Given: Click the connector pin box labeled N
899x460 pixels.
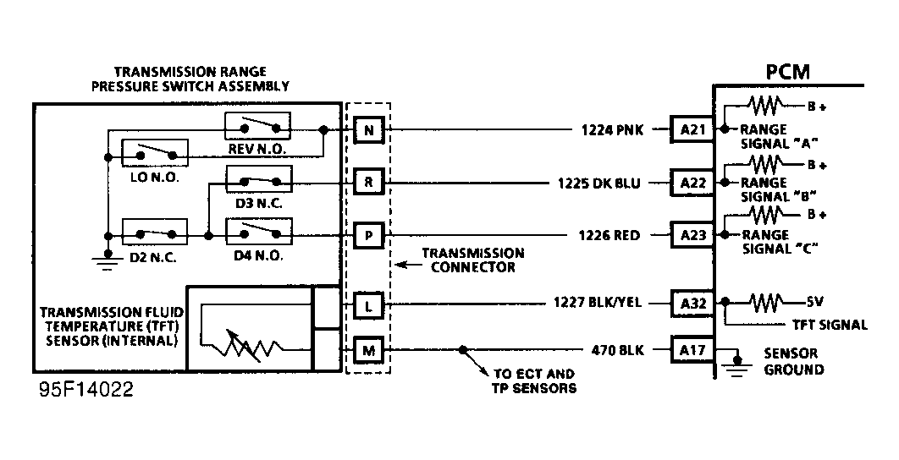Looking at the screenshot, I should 368,130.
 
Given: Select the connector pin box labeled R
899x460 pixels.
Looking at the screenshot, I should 368,182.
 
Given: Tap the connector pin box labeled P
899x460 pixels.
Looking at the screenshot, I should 368,234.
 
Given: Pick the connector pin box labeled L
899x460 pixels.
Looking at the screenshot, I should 368,303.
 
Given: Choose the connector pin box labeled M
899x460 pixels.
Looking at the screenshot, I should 368,349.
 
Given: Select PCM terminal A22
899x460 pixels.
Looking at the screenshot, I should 692,182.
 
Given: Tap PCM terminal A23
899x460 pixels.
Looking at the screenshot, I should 692,234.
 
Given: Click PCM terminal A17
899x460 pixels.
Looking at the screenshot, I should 692,348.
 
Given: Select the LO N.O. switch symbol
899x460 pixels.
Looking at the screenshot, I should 155,153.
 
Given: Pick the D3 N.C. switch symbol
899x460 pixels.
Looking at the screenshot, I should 259,179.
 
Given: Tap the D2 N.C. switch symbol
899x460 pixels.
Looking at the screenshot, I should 155,232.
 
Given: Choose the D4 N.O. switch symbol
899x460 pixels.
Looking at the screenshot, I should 259,231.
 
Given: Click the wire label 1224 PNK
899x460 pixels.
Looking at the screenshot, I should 607,130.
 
